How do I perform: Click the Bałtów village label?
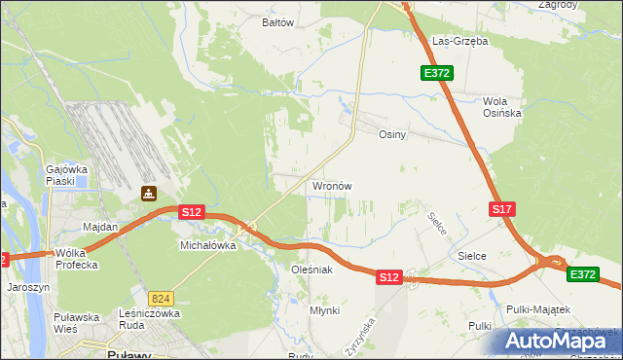coord(277,21)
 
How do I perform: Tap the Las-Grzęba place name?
coord(460,42)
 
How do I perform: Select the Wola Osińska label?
coord(502,107)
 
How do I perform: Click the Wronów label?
coord(331,186)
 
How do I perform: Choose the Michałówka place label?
coord(208,246)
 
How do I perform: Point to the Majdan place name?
coord(100,227)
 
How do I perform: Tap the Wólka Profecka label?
coord(77,258)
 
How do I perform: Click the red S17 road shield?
coord(501,209)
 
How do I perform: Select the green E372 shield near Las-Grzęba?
coord(435,73)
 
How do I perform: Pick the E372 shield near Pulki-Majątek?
coord(583,275)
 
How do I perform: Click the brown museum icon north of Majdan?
coord(148,195)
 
